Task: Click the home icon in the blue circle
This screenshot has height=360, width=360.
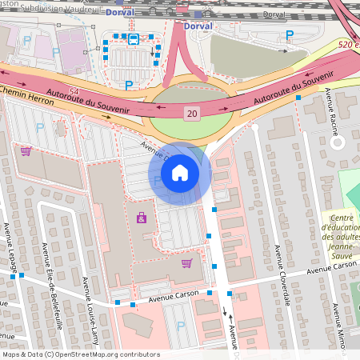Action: pyautogui.click(x=180, y=173)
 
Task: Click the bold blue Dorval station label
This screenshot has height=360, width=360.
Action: pyautogui.click(x=198, y=26)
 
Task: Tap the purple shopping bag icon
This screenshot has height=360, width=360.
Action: pyautogui.click(x=142, y=217)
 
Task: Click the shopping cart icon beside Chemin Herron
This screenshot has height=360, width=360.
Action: pyautogui.click(x=26, y=150)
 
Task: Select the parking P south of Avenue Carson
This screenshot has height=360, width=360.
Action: pyautogui.click(x=181, y=326)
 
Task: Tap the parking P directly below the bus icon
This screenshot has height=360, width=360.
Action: pyautogui.click(x=128, y=84)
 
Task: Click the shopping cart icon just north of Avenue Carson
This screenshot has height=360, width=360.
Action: pyautogui.click(x=186, y=262)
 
